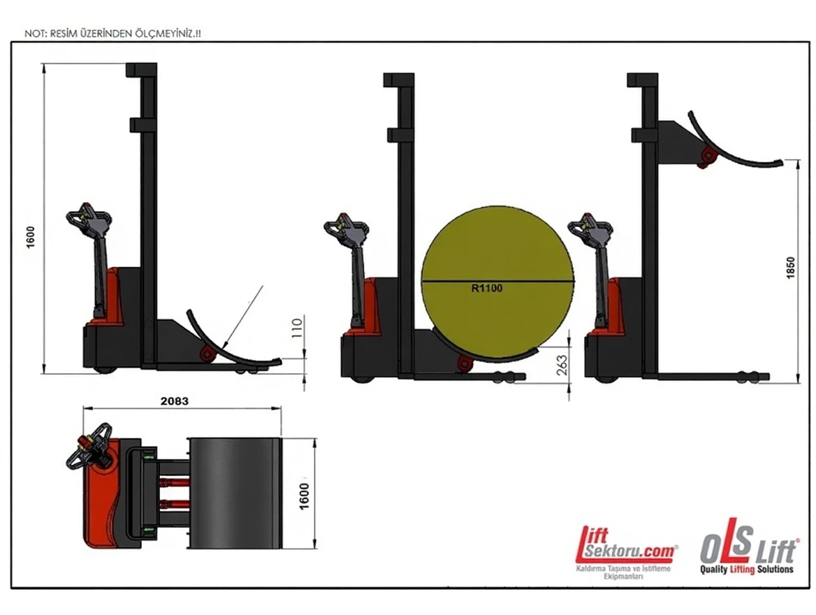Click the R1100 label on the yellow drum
coord(487,288)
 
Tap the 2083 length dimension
coord(175,401)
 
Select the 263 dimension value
coord(562,366)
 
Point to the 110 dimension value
coord(297,328)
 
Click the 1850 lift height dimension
coord(791,268)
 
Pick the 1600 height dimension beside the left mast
coord(30,238)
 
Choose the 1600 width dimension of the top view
coord(305,496)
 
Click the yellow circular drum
coord(498,283)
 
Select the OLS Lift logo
coord(748,546)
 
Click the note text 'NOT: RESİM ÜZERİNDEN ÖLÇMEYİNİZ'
coord(112,34)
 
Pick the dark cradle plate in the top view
coord(235,493)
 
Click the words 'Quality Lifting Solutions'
coord(747,569)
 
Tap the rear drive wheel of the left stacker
coord(105,369)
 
